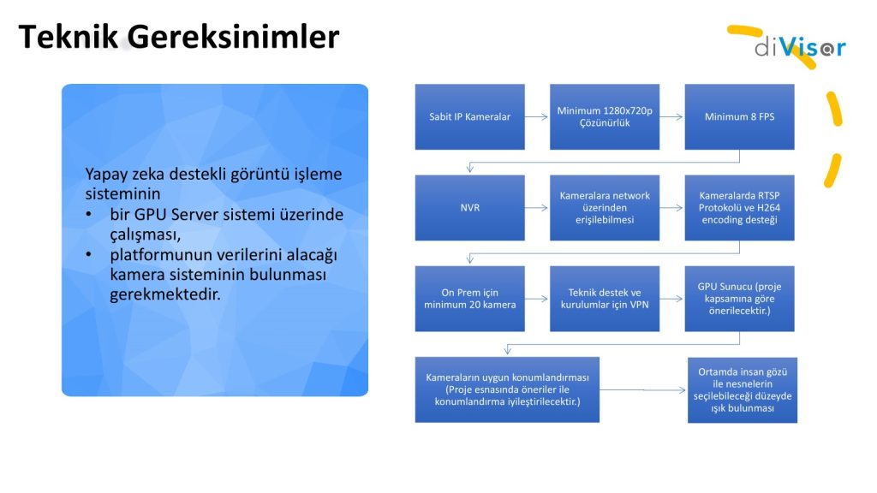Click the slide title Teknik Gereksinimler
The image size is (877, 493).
pos(179,38)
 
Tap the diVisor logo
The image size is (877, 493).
pos(800,48)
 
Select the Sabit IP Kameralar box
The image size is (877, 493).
pos(470,116)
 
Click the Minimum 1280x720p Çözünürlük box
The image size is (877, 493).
pos(605,116)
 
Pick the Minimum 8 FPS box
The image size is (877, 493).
pos(739,116)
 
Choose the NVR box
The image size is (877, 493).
pos(470,208)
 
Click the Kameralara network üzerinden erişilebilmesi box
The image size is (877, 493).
pos(605,208)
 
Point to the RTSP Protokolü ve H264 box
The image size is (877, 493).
pos(739,208)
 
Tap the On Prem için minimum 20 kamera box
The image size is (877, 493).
pos(470,299)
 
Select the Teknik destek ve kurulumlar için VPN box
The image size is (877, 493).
pos(605,299)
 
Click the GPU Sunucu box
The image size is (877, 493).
pos(739,299)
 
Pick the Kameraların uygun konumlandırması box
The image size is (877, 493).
pos(507,389)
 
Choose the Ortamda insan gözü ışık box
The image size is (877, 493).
pos(743,390)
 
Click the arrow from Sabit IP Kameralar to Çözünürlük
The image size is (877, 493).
pos(536,116)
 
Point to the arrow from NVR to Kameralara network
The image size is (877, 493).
pos(536,208)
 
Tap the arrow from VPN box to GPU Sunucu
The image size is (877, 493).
pos(671,299)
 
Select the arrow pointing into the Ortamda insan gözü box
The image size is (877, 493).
pos(642,390)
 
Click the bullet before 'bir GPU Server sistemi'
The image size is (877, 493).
pos(88,215)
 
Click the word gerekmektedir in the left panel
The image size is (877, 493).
pos(165,294)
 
